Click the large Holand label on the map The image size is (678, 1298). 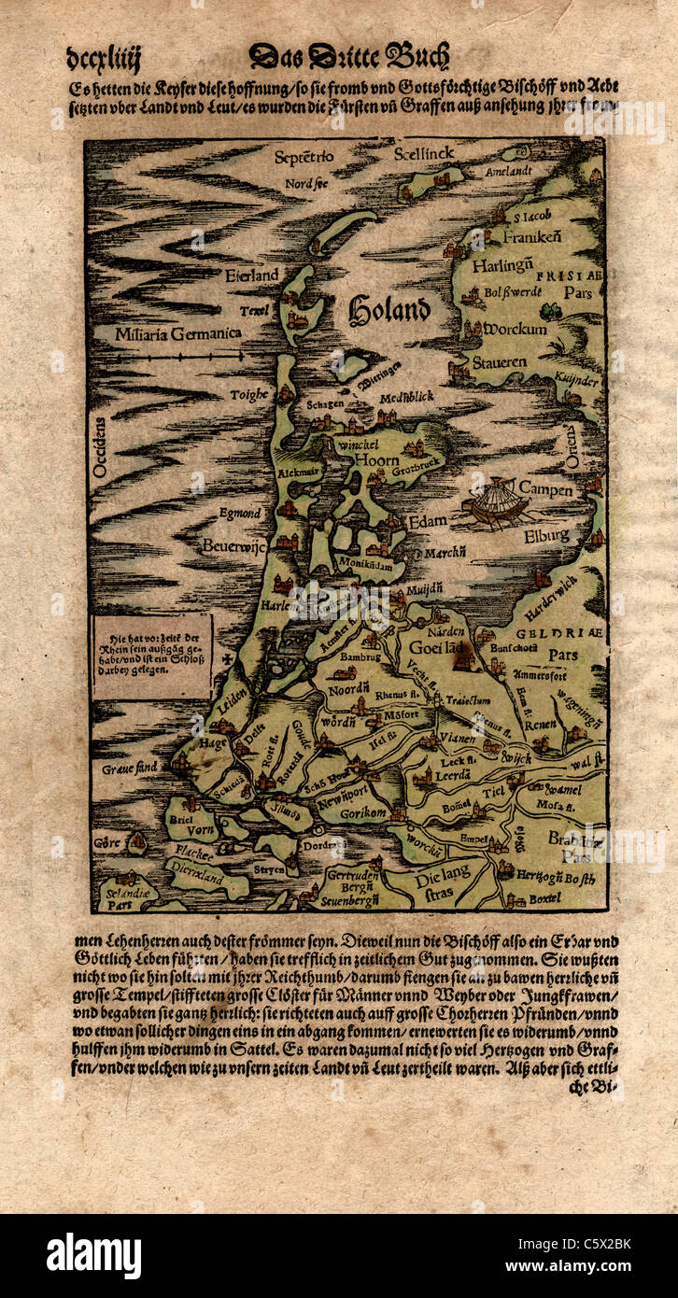pos(389,310)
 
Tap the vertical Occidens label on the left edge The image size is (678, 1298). pos(101,448)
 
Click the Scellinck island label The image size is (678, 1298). pos(423,152)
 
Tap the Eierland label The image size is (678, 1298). pos(251,275)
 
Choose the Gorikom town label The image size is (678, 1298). pos(362,814)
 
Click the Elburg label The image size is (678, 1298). pos(545,536)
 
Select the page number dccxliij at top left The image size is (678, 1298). pos(104,60)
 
